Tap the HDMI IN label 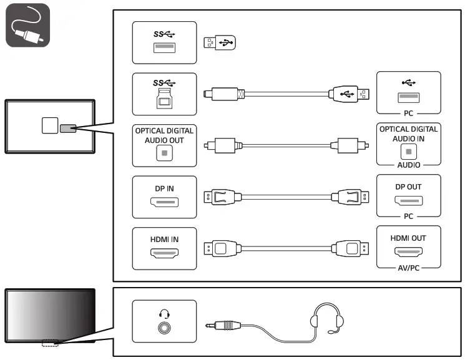coord(164,238)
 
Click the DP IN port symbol coord(164,203)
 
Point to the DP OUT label coord(409,187)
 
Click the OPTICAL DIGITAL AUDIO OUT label coord(164,135)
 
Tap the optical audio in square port coord(409,151)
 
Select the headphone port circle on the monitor coord(164,326)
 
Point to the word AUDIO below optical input coord(409,165)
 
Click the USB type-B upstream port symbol coord(164,97)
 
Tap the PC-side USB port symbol coord(409,97)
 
